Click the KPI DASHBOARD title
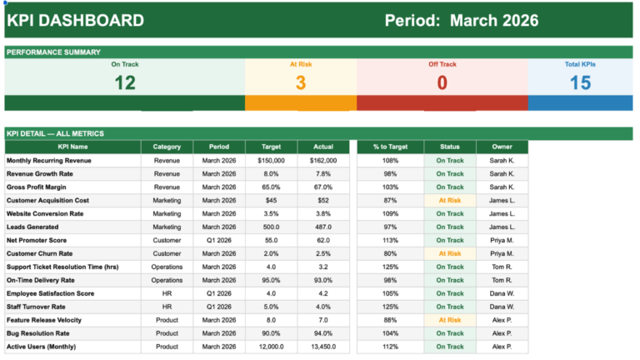[x=76, y=21]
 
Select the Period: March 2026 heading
[x=461, y=21]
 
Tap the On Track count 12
[x=124, y=82]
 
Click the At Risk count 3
[x=300, y=82]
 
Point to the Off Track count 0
[x=442, y=82]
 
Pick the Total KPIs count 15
[x=580, y=82]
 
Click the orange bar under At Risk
[x=300, y=103]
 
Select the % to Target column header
[x=391, y=147]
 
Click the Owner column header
[x=502, y=147]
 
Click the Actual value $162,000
[x=322, y=161]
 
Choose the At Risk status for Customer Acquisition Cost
[x=450, y=201]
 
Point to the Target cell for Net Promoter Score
[x=271, y=240]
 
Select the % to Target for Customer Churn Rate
[x=391, y=253]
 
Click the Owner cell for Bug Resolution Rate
[x=502, y=333]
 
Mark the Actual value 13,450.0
[x=322, y=347]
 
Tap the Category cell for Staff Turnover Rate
[x=167, y=307]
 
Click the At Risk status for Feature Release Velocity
[x=450, y=320]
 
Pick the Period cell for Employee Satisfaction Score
[x=219, y=293]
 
